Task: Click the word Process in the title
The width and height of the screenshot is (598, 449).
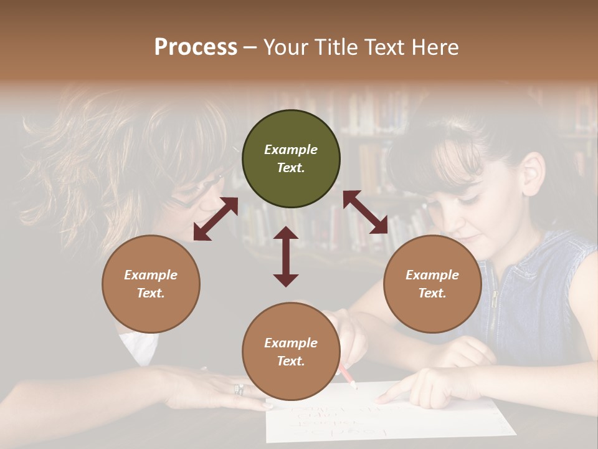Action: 196,47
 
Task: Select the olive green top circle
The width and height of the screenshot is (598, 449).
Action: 291,159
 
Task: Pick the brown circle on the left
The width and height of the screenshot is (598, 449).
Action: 151,284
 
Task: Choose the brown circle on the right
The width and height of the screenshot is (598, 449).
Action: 432,284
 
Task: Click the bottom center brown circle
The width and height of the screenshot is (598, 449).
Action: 291,352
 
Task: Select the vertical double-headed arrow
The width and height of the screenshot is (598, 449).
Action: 286,256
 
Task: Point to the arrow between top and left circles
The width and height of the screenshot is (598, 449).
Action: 216,219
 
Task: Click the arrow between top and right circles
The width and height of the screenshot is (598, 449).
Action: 365,212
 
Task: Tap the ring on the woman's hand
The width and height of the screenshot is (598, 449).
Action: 239,390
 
